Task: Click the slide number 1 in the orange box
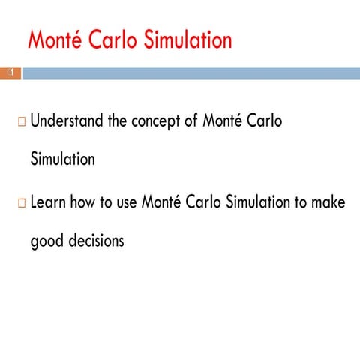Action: [11, 73]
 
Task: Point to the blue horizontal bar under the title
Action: [187, 73]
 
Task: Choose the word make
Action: [328, 203]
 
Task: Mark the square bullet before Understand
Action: [20, 122]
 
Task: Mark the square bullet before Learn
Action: [20, 204]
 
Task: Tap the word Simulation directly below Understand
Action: [62, 160]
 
